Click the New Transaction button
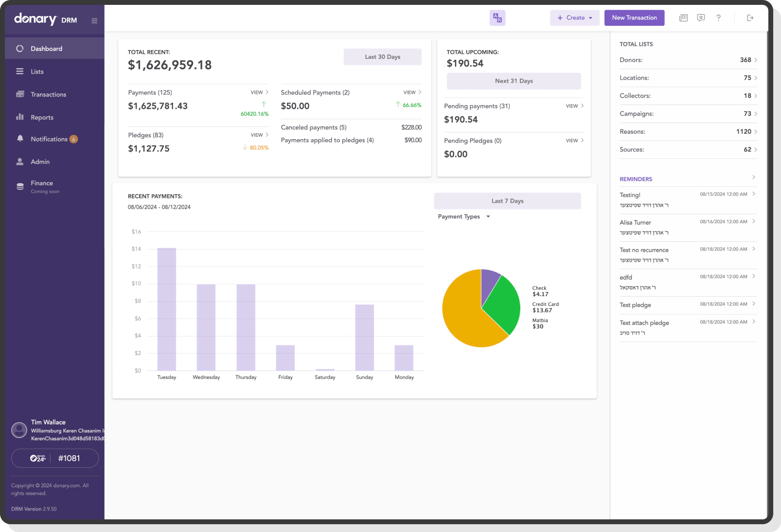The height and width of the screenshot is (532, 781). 634,18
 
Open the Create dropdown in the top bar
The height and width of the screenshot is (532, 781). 575,18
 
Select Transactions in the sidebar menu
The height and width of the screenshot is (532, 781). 48,94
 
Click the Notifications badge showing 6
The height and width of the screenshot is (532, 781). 73,139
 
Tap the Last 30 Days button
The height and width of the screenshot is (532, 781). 382,57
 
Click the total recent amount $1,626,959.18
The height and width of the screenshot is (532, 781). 170,65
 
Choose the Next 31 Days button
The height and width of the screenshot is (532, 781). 514,81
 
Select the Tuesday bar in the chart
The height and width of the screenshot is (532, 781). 167,309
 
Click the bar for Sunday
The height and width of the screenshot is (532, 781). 364,337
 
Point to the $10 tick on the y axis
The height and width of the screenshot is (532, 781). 136,284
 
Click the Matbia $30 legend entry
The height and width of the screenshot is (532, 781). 539,323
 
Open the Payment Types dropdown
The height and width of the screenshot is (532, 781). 463,217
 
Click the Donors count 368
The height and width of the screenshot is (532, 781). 745,60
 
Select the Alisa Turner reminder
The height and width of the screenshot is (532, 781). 635,223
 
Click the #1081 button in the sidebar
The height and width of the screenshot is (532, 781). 55,458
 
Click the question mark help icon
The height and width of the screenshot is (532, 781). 718,18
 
